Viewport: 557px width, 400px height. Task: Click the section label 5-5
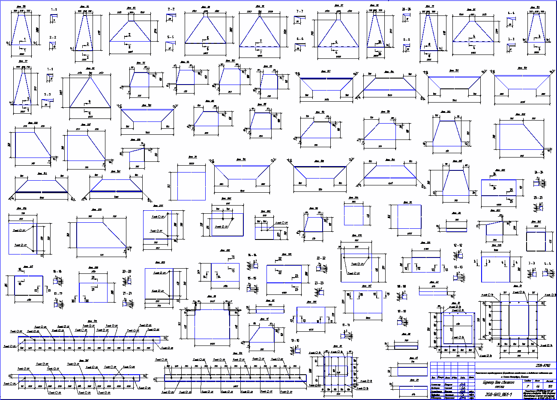(x=171, y=37)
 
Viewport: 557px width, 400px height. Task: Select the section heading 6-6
(x=299, y=39)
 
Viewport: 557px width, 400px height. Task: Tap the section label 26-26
(x=407, y=9)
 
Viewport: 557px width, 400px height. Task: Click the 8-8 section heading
(x=407, y=39)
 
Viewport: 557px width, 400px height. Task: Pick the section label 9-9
(x=47, y=94)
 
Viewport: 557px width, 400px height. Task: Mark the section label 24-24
(x=539, y=172)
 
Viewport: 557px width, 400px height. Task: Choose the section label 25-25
(x=539, y=197)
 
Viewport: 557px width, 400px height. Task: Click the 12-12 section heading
(x=458, y=245)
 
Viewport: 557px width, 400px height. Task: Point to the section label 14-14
(x=252, y=255)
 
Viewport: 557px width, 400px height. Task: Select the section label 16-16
(x=57, y=272)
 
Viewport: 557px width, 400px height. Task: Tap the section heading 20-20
(x=127, y=272)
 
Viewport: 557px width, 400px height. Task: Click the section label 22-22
(x=321, y=258)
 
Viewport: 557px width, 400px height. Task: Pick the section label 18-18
(x=401, y=286)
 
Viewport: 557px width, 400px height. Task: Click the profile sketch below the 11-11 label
(x=347, y=333)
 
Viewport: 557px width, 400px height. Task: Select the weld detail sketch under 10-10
(x=296, y=348)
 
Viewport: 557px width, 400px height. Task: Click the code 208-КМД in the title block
(x=543, y=365)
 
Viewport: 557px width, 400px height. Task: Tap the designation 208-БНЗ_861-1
(x=497, y=394)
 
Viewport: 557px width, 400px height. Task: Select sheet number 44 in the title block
(x=537, y=386)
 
